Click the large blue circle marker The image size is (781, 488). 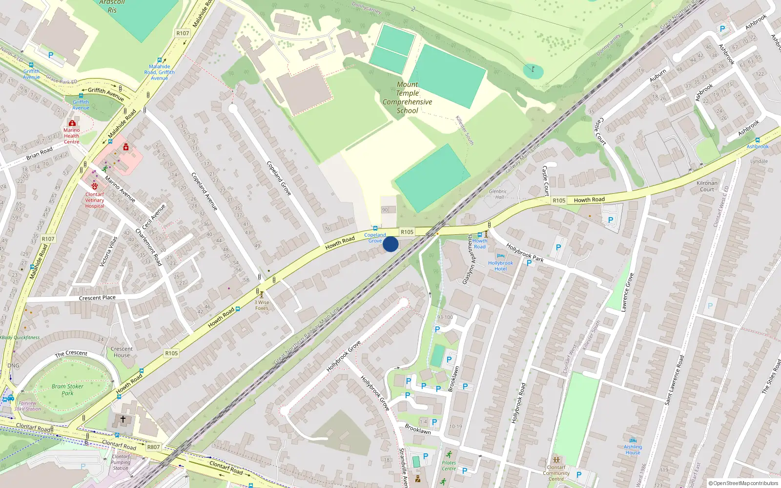coord(390,244)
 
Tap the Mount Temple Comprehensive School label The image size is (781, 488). coord(408,98)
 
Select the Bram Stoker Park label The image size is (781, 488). coord(67,389)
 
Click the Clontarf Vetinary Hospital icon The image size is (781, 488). coord(95,186)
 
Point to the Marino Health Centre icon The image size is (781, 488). coord(72,123)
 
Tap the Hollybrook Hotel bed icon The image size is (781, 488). coord(500,256)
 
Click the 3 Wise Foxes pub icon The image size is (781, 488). coord(262,295)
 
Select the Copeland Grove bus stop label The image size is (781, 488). coord(375,238)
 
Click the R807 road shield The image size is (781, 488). coord(153,447)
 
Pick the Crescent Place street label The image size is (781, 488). coord(97,298)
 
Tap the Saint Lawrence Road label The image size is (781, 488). coord(674,380)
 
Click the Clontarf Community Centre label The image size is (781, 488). coord(556,473)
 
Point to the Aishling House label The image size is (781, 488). coord(633,449)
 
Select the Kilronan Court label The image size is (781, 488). coord(707,186)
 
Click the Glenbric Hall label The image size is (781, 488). coord(498,194)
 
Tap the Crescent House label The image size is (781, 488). coord(122,352)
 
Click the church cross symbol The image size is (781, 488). coord(123,419)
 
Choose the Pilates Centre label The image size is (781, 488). coord(449,466)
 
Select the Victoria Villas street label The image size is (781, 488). coord(108,252)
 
